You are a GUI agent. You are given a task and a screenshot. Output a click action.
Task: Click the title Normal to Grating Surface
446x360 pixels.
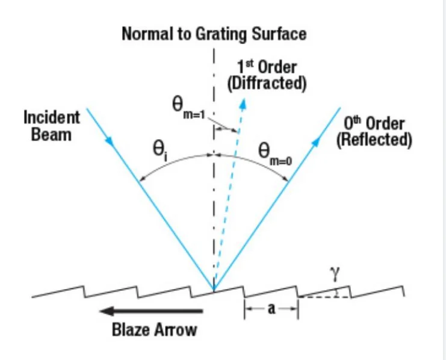click(214, 34)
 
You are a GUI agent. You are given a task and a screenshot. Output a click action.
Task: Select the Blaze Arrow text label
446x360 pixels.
click(154, 330)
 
